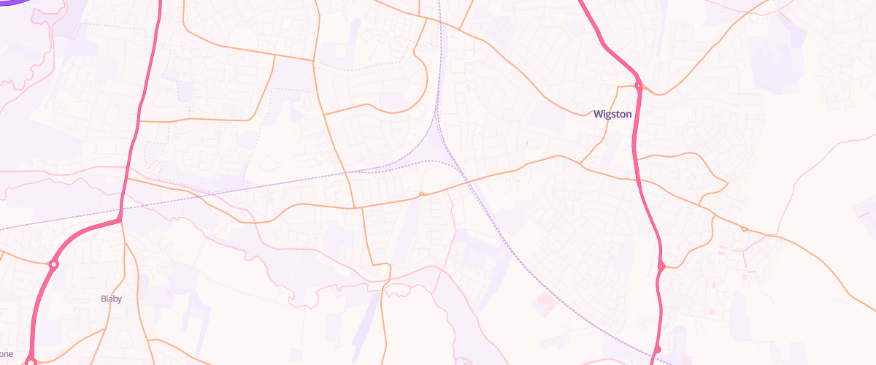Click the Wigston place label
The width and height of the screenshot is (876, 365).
click(x=612, y=114)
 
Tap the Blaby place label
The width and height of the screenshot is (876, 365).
click(x=111, y=299)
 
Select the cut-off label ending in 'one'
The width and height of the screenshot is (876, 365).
click(x=7, y=354)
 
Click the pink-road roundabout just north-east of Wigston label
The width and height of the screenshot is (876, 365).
click(x=638, y=85)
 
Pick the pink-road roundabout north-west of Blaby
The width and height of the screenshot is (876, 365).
click(x=53, y=264)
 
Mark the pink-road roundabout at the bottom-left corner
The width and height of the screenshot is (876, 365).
click(x=31, y=361)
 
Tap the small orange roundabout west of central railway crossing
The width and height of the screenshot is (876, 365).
click(x=421, y=194)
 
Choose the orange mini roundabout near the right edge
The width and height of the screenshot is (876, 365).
click(x=744, y=229)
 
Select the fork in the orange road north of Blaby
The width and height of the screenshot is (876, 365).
click(x=124, y=223)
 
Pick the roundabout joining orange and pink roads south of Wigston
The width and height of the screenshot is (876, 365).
click(x=661, y=266)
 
